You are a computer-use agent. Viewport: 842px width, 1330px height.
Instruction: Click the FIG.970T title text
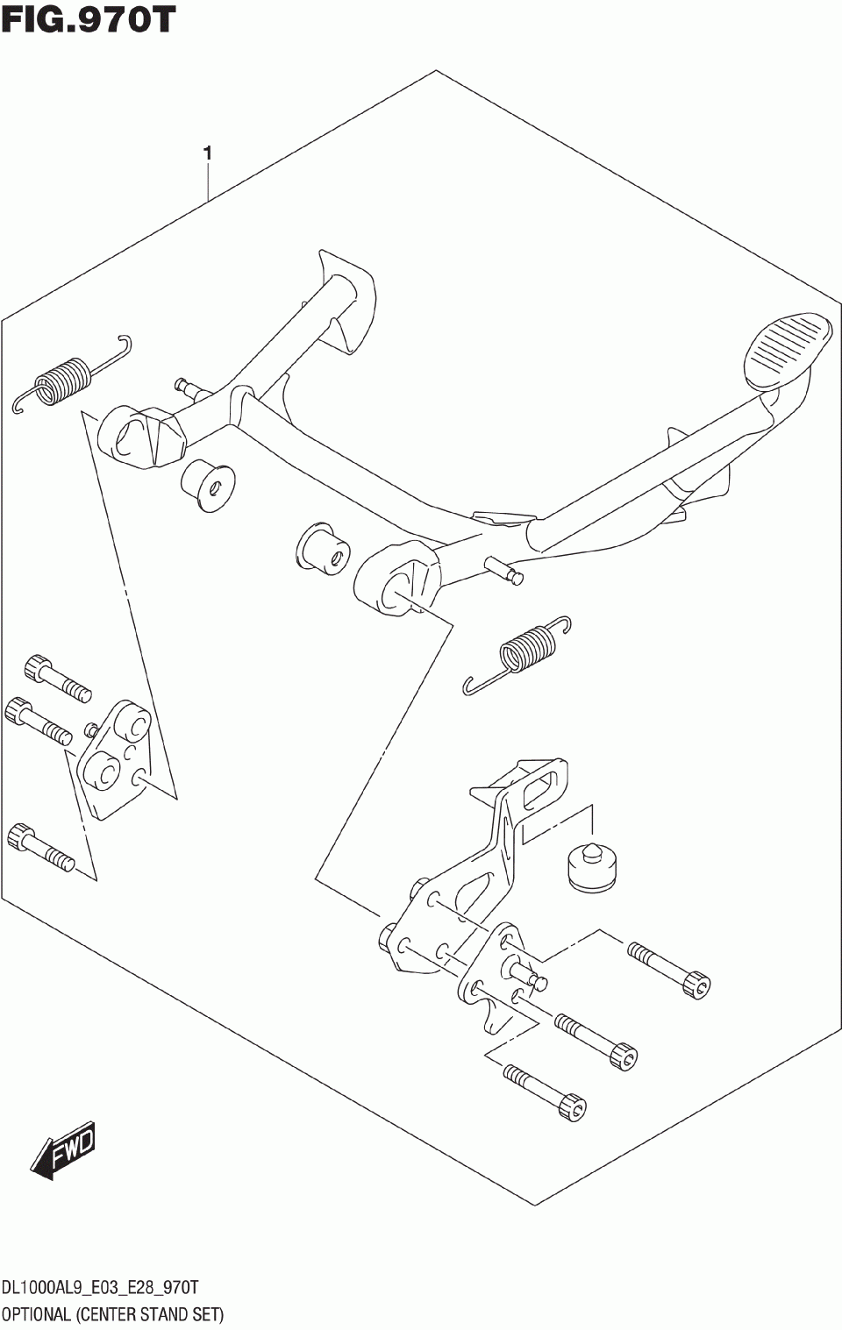pyautogui.click(x=88, y=19)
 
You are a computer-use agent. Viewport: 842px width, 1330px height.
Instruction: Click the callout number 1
pyautogui.click(x=207, y=153)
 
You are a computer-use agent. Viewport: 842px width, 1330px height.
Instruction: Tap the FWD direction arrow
pyautogui.click(x=64, y=1149)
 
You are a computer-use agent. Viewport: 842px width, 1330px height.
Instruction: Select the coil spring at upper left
pyautogui.click(x=64, y=380)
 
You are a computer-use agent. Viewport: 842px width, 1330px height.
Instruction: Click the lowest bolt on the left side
pyautogui.click(x=40, y=847)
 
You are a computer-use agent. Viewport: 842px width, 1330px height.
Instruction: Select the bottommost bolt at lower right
pyautogui.click(x=545, y=1090)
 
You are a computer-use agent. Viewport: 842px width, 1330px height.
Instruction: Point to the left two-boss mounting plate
pyautogui.click(x=115, y=757)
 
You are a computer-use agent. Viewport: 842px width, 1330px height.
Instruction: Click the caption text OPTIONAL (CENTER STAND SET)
pyautogui.click(x=112, y=1313)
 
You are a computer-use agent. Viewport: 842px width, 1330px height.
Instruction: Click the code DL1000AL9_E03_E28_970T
pyautogui.click(x=100, y=1287)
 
